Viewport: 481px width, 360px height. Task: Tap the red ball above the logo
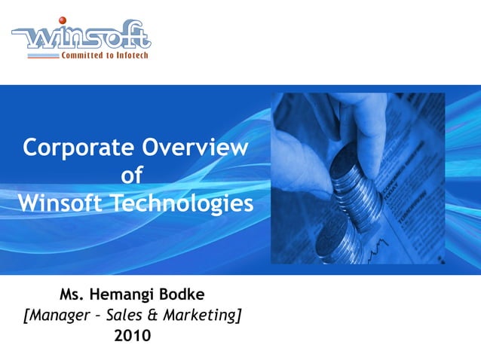point(63,20)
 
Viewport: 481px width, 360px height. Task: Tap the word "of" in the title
point(133,175)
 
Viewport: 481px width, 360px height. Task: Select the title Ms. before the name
point(73,294)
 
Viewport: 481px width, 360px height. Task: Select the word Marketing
point(202,316)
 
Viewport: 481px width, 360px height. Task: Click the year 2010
point(132,335)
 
